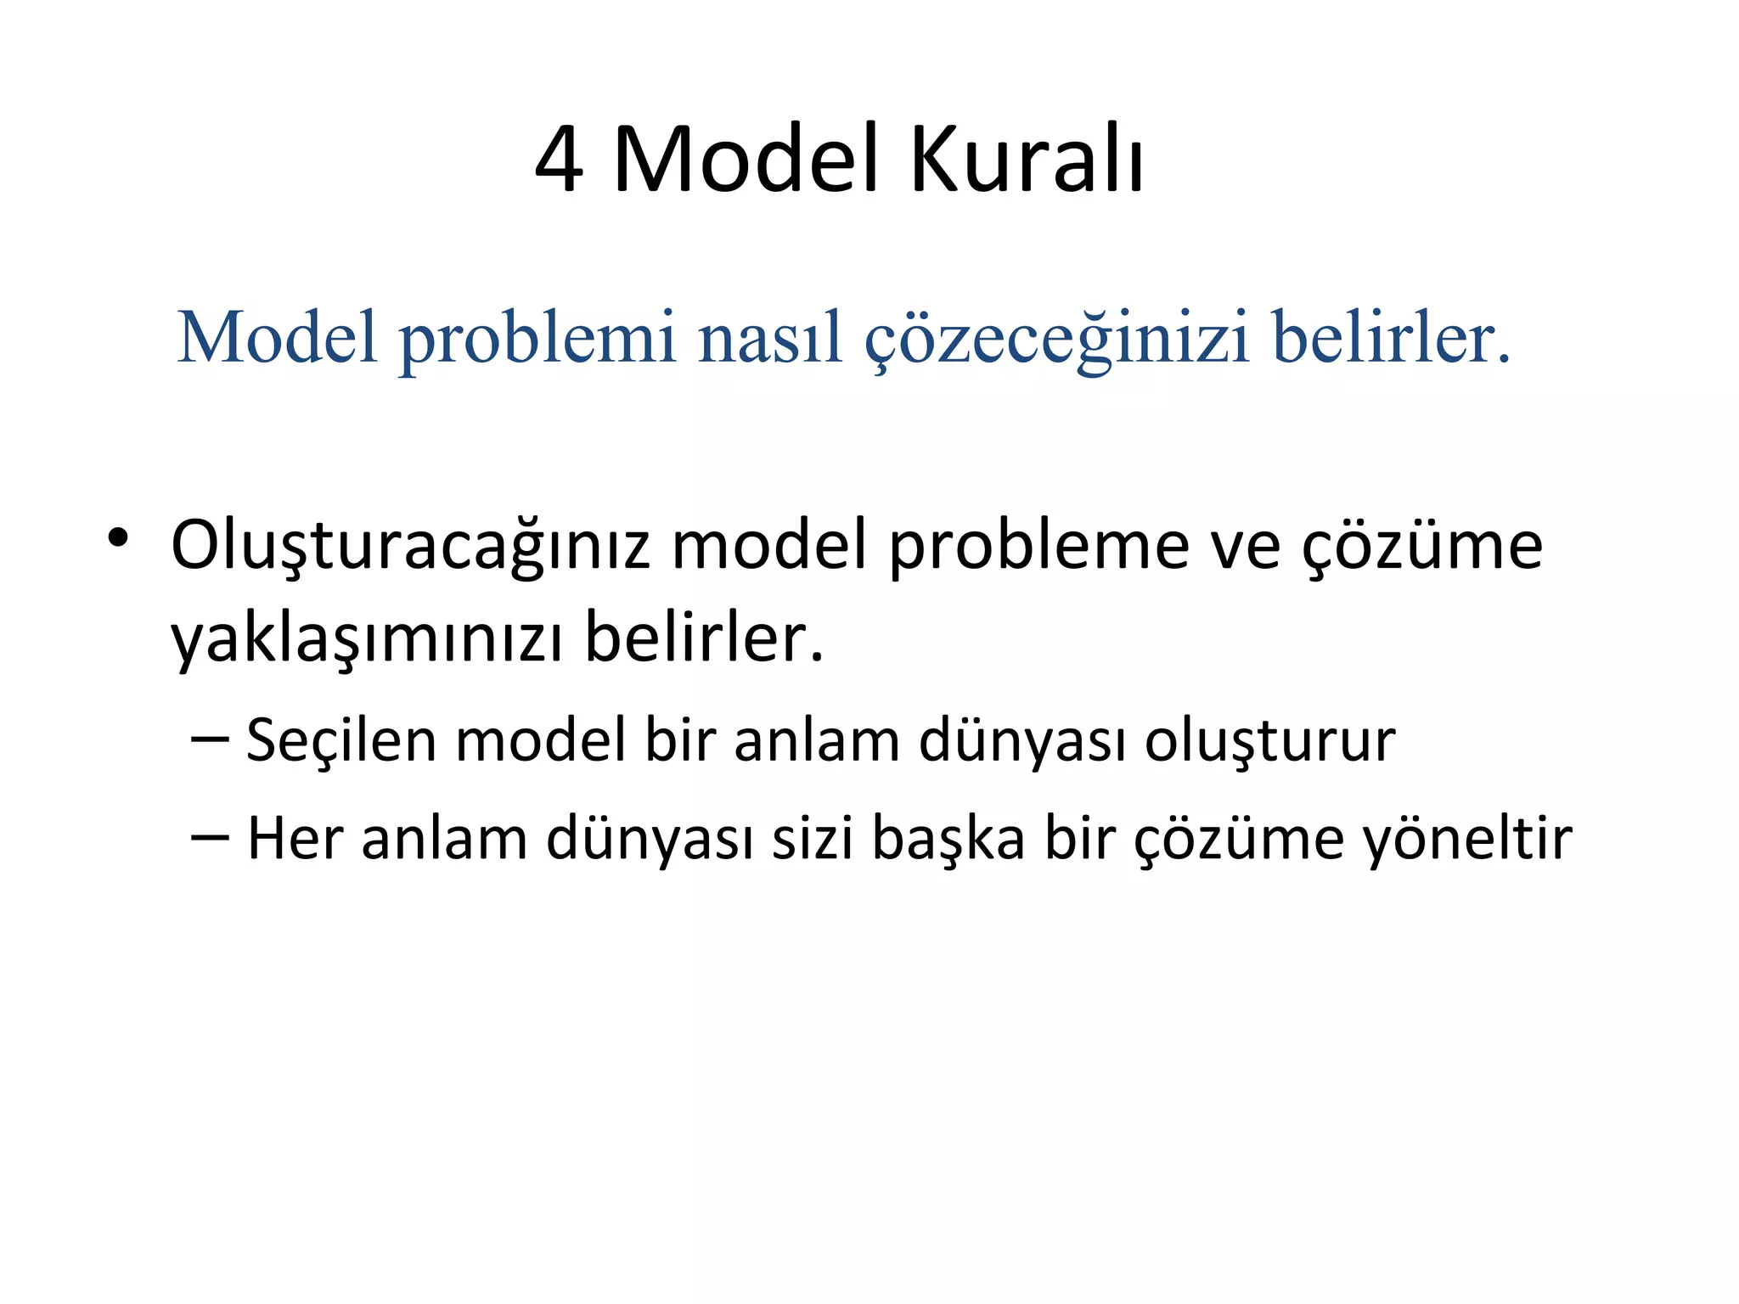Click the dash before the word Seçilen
click(x=210, y=739)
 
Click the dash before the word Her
click(x=210, y=837)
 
